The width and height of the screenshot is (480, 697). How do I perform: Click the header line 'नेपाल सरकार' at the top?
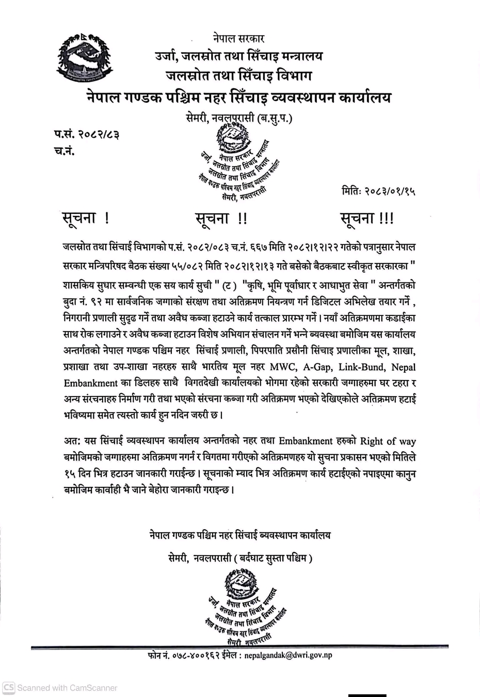coord(238,38)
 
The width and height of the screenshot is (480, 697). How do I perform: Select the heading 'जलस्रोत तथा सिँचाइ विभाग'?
coord(238,76)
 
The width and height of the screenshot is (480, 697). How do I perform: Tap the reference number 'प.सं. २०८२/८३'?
coord(87,134)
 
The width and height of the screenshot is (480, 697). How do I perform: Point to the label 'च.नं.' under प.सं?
coord(63,151)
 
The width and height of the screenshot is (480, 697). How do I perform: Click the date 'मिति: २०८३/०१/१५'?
coord(378,191)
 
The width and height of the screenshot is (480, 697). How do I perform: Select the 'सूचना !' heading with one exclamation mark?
coord(86,218)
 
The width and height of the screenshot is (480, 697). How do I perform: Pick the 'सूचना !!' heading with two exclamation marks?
coord(221,218)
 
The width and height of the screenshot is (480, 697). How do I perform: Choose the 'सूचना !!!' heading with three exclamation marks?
coord(367,218)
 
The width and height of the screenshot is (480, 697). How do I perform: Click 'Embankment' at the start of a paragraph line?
coord(91,383)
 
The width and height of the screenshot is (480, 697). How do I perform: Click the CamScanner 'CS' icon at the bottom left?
coord(9,688)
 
